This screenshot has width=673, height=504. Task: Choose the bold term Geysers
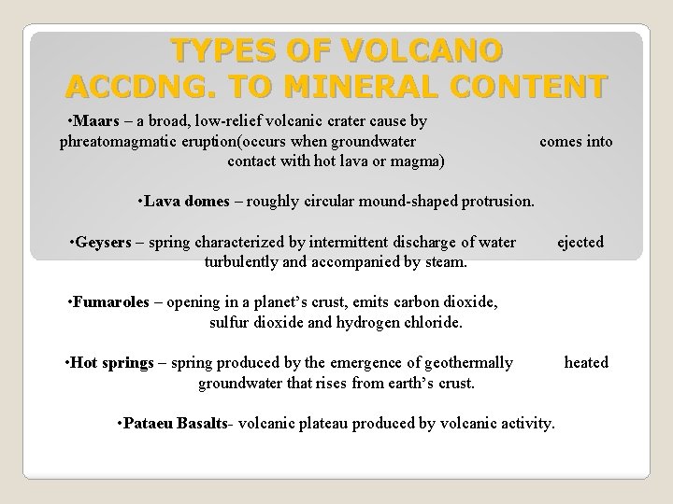pyautogui.click(x=104, y=243)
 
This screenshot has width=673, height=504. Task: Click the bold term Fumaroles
pyautogui.click(x=112, y=303)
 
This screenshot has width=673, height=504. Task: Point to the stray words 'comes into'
pyautogui.click(x=577, y=141)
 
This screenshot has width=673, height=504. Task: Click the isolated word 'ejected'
pyautogui.click(x=580, y=243)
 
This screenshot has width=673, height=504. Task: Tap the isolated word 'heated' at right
pyautogui.click(x=586, y=362)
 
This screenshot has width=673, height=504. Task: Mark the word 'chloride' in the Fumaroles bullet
pyautogui.click(x=435, y=323)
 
